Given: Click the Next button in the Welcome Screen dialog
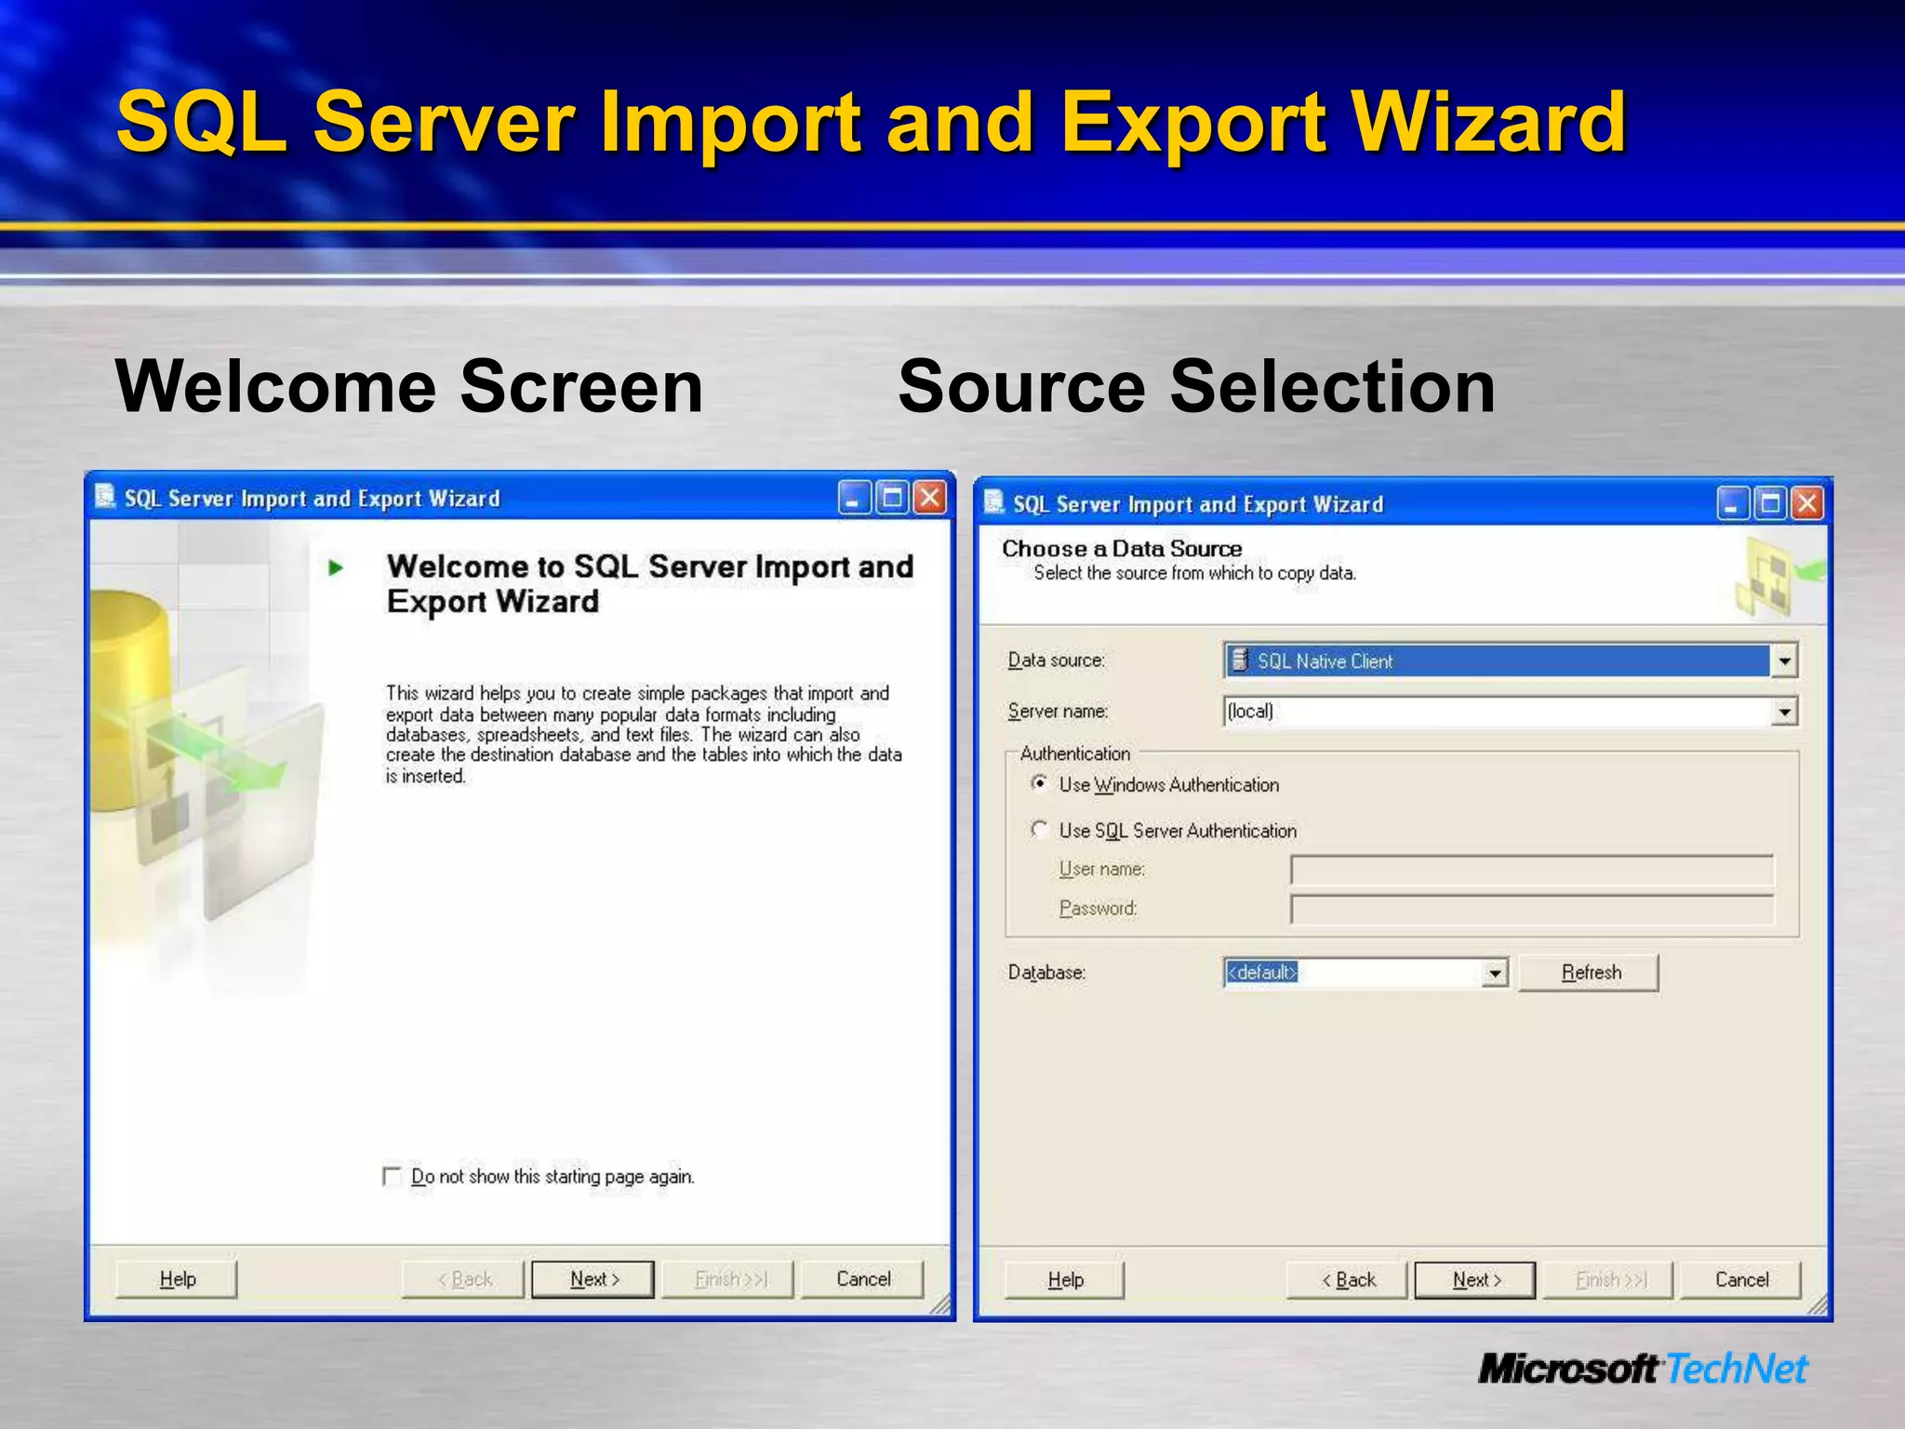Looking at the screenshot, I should pyautogui.click(x=593, y=1279).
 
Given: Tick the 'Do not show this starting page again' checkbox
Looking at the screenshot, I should pyautogui.click(x=392, y=1177).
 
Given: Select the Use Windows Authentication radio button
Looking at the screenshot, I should pyautogui.click(x=1040, y=783).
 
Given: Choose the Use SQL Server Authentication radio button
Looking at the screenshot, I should pyautogui.click(x=1040, y=829).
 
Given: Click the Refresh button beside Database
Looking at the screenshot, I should pyautogui.click(x=1589, y=973).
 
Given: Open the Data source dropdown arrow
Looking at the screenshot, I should pyautogui.click(x=1784, y=661).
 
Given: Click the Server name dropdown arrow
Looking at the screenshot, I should pyautogui.click(x=1784, y=712).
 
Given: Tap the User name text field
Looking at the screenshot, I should pyautogui.click(x=1531, y=871).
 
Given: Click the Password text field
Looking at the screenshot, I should pyautogui.click(x=1531, y=910).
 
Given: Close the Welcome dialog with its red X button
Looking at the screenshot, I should pyautogui.click(x=929, y=499).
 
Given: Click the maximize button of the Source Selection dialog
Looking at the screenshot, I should pyautogui.click(x=1770, y=504).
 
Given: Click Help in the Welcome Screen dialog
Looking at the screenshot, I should pyautogui.click(x=177, y=1279).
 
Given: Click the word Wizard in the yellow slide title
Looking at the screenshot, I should pyautogui.click(x=1488, y=123).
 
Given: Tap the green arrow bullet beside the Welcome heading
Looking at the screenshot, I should pyautogui.click(x=336, y=568).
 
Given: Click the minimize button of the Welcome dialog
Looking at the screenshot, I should pyautogui.click(x=853, y=499).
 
